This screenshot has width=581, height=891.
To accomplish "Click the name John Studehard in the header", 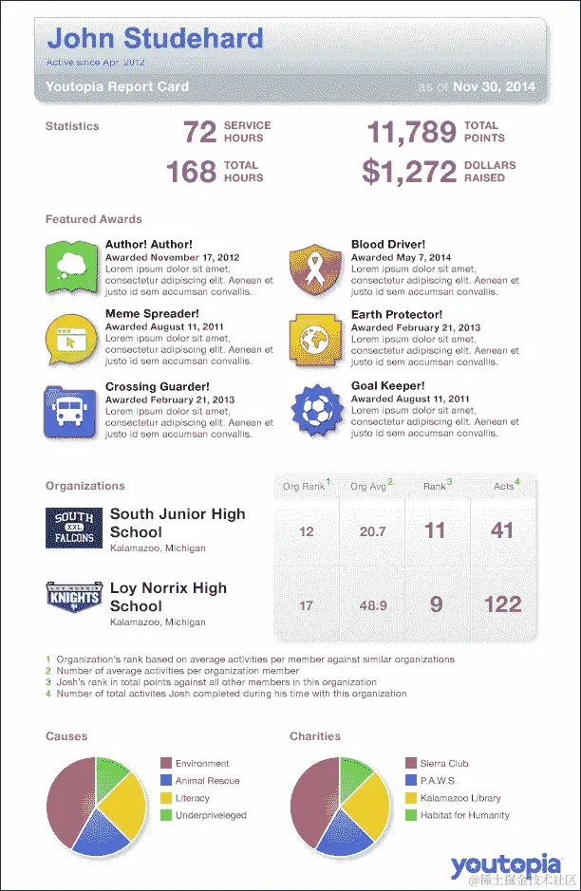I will (155, 39).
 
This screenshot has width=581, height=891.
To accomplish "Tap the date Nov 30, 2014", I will (494, 86).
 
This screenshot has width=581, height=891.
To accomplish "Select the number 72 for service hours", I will (200, 132).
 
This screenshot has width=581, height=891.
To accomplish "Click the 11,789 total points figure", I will (411, 132).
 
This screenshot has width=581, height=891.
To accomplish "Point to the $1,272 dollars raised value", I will (409, 172).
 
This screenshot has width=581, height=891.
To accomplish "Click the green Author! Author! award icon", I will (70, 267).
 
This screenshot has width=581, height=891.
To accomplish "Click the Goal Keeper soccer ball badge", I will (313, 409).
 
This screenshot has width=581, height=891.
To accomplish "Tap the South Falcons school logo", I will (73, 529).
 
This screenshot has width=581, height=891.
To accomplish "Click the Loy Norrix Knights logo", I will (73, 600).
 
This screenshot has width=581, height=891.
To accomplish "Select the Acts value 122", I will (502, 604).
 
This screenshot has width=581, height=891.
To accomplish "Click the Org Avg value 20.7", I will (372, 531).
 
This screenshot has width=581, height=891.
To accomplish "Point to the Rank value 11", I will (435, 530).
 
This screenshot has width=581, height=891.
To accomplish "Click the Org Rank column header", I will (305, 486).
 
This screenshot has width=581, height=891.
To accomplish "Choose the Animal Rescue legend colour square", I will (166, 781).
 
